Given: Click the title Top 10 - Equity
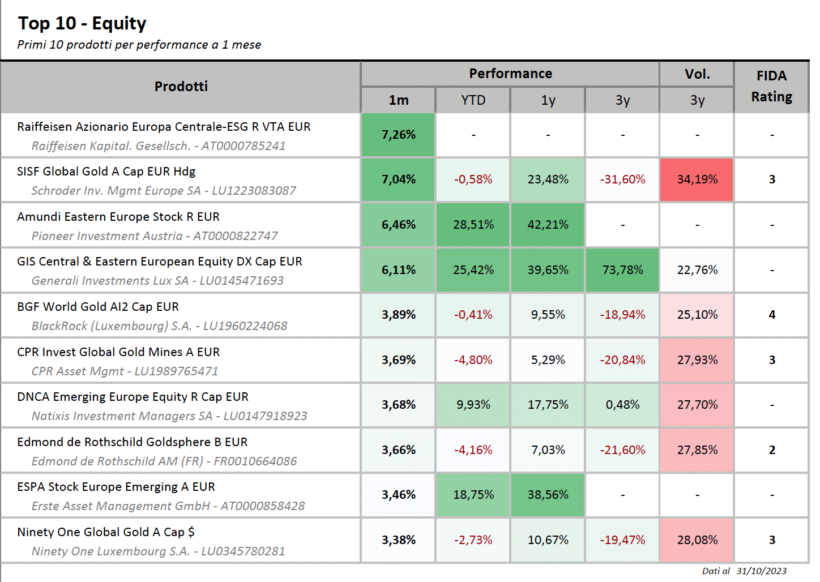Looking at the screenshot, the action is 82,23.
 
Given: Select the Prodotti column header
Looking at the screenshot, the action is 181,87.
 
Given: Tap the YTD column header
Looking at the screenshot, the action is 473,100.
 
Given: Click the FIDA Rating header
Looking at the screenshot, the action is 772,87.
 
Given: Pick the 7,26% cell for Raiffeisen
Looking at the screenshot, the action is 398,135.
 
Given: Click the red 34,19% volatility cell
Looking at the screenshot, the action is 697,179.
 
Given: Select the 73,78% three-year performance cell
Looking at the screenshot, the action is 622,270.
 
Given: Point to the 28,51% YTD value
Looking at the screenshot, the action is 473,224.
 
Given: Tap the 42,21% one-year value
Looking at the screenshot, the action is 548,224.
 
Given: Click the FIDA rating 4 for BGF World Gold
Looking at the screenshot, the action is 772,315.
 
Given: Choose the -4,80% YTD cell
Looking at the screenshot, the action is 473,360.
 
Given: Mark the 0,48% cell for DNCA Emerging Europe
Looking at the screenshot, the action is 622,405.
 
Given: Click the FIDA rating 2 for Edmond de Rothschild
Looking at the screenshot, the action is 772,450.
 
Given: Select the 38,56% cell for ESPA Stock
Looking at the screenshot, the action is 548,495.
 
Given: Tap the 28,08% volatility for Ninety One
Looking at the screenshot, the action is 697,540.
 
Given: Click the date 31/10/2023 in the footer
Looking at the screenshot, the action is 762,571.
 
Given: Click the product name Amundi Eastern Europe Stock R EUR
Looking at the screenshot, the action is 118,217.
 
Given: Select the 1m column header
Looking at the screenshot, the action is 398,100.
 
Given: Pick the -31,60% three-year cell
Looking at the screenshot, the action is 622,179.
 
